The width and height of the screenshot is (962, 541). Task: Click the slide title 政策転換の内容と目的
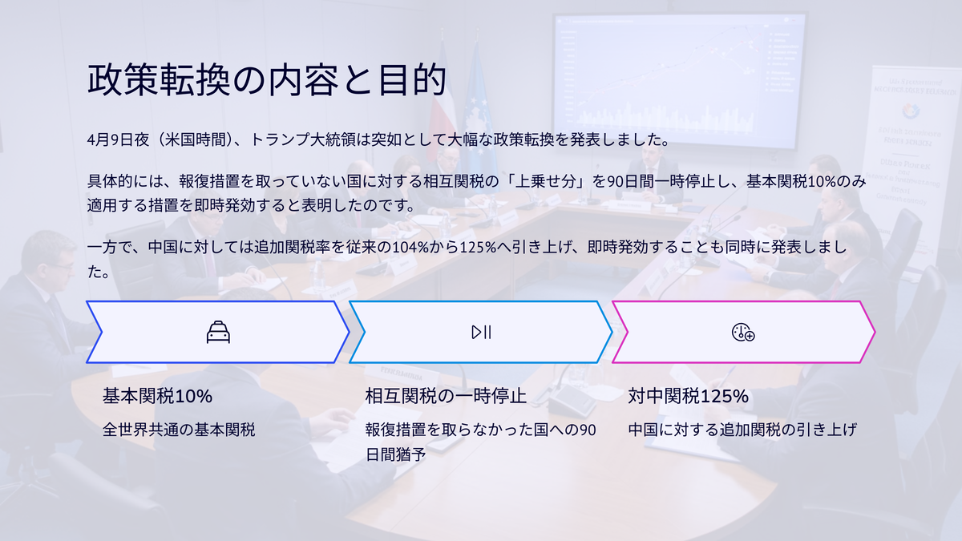[x=267, y=80]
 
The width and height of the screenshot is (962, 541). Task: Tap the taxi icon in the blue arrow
[x=218, y=332]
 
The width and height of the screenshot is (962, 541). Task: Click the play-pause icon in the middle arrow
[x=481, y=333]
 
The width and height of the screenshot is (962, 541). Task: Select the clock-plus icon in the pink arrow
[x=743, y=333]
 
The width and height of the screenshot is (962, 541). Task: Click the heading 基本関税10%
[x=157, y=396]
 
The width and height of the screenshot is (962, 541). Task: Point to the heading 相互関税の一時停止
[x=446, y=396]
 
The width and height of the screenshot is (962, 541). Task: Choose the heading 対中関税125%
[x=688, y=396]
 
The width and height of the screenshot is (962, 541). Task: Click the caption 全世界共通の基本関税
[x=179, y=430]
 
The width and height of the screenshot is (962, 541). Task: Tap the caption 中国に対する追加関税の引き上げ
[x=742, y=430]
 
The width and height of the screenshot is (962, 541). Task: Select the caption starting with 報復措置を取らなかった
[x=480, y=442]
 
